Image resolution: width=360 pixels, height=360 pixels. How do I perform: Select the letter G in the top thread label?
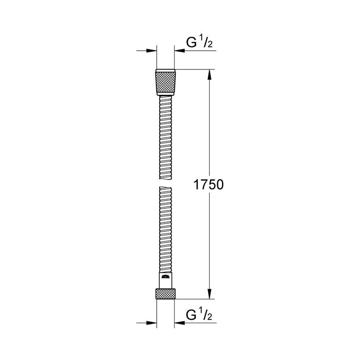(x=191, y=42)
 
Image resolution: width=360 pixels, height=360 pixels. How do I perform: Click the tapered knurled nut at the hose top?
(x=165, y=84)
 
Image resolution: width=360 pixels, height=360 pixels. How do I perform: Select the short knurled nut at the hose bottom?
(x=165, y=294)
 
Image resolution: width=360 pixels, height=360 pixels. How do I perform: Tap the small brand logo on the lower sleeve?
(x=165, y=277)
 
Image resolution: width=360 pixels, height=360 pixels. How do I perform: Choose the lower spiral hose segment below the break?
(x=165, y=229)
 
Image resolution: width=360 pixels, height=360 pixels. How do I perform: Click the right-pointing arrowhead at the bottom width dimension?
(x=151, y=323)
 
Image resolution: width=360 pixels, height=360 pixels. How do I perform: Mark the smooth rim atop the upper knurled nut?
(x=165, y=71)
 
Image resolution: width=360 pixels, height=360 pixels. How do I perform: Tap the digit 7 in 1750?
(x=202, y=185)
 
